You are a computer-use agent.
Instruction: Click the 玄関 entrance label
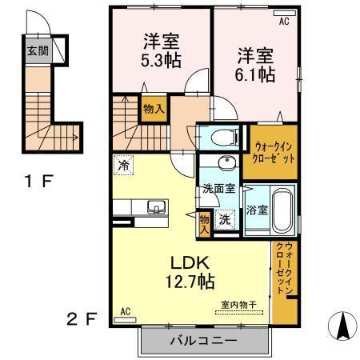tap(37, 50)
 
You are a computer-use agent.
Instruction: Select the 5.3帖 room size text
tap(160, 58)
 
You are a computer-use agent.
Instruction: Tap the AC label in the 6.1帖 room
tap(283, 22)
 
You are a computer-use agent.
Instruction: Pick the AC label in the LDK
tap(125, 310)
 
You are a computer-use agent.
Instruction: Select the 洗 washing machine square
tap(226, 219)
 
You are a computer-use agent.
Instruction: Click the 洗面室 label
tap(217, 190)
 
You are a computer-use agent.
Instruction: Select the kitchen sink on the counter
tap(154, 209)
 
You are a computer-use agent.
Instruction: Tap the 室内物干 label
tap(238, 305)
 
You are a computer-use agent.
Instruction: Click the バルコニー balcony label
tap(202, 341)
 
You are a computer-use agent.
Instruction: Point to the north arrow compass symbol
tap(341, 324)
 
